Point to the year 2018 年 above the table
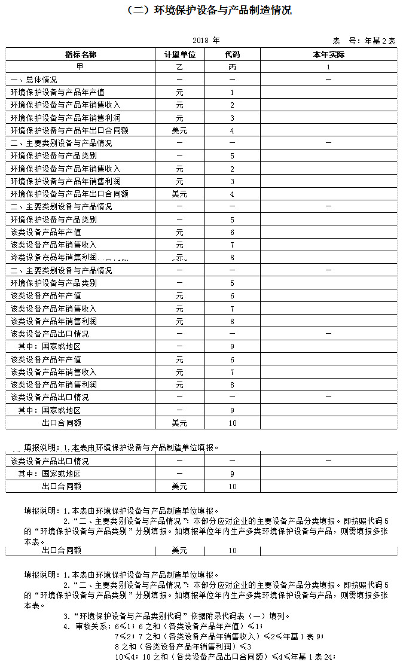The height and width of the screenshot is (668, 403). (x=206, y=41)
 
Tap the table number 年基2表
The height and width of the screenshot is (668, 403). (x=380, y=41)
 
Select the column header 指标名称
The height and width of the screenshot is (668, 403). (x=81, y=54)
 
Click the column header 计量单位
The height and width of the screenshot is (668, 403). (x=180, y=54)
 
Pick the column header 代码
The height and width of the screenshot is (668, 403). (x=232, y=54)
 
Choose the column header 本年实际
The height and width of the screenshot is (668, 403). (x=328, y=54)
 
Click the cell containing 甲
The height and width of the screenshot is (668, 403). (x=81, y=67)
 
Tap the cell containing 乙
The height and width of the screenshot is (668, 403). (x=180, y=67)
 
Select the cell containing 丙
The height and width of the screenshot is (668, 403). (x=232, y=67)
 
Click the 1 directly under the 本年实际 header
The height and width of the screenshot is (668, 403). (x=328, y=67)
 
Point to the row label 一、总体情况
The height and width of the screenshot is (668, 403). (x=34, y=80)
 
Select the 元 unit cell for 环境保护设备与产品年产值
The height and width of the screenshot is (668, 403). (x=180, y=93)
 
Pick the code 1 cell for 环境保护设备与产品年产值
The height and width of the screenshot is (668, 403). (x=232, y=93)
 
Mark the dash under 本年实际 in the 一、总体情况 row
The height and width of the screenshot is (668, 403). (x=328, y=80)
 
